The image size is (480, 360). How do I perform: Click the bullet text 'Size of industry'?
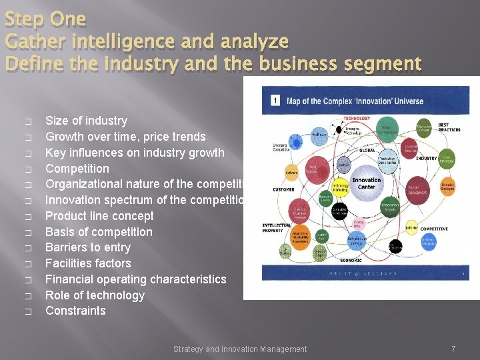click(86, 121)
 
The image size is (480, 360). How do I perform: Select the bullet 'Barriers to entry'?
click(88, 247)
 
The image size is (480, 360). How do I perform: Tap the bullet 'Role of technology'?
click(95, 295)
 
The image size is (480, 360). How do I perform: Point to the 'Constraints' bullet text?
click(75, 311)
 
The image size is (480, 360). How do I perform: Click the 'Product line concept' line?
click(99, 216)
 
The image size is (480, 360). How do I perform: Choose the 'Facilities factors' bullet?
click(88, 263)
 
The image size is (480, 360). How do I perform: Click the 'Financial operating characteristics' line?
click(135, 279)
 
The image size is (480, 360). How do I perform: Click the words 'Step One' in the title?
click(45, 19)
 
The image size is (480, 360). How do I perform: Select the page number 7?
click(453, 349)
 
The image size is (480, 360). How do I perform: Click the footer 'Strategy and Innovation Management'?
click(240, 349)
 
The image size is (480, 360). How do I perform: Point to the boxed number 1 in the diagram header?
click(274, 101)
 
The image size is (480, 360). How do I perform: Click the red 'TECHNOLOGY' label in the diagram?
click(357, 118)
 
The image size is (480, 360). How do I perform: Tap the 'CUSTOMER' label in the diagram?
click(283, 190)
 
